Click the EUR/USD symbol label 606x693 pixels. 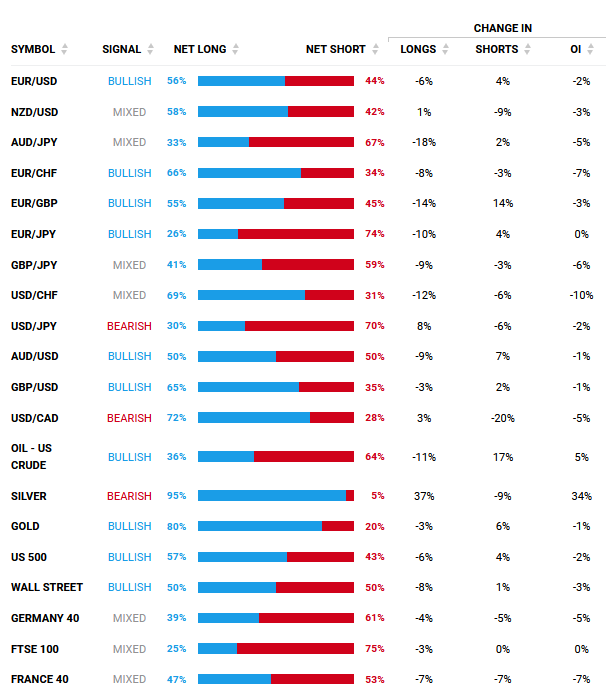(x=34, y=81)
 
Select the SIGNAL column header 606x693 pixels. (x=121, y=49)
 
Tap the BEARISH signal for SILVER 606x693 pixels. (x=129, y=496)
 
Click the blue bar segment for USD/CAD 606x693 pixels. (x=254, y=418)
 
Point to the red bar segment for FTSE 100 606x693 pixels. (x=295, y=649)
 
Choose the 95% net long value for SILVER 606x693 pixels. (x=177, y=496)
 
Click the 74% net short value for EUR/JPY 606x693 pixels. (x=375, y=234)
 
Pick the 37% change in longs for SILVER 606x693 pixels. (x=423, y=496)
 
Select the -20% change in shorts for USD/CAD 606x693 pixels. (x=502, y=418)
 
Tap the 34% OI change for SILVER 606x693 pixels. (x=581, y=496)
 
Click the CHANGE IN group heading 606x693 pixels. (x=503, y=28)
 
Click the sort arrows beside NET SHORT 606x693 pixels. (x=376, y=49)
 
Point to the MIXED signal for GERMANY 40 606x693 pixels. (x=129, y=619)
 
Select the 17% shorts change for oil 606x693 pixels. (x=502, y=457)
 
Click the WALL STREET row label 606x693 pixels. (x=47, y=588)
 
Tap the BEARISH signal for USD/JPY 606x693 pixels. (x=129, y=326)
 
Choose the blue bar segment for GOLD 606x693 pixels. (x=260, y=526)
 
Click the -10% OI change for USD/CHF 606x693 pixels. (x=581, y=295)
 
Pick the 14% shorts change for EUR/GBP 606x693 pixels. (x=502, y=203)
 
